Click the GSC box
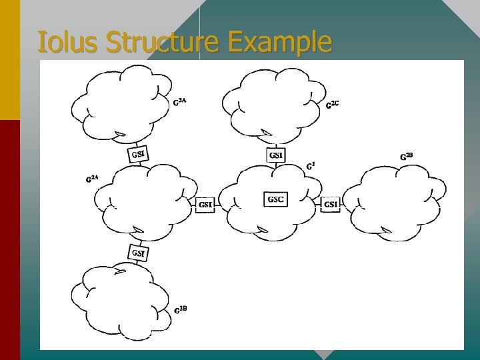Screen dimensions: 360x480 [x=276, y=199]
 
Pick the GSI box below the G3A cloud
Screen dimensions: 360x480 [x=138, y=155]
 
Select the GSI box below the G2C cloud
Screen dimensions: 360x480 [x=276, y=155]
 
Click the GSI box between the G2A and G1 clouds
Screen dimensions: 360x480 [x=205, y=205]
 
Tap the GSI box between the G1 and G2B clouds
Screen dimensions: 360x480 [x=331, y=204]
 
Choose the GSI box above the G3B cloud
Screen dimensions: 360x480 [x=138, y=253]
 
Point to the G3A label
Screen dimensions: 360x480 [x=179, y=102]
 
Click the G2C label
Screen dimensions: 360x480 [x=332, y=104]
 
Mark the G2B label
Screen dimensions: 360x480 [x=406, y=156]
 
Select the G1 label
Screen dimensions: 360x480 [x=310, y=167]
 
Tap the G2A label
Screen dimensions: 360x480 [x=92, y=178]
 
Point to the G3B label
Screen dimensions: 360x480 [x=180, y=309]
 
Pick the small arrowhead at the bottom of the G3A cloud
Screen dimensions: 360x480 [x=120, y=135]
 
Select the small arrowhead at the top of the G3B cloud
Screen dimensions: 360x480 [x=120, y=271]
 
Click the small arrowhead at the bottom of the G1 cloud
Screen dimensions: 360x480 [x=262, y=231]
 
